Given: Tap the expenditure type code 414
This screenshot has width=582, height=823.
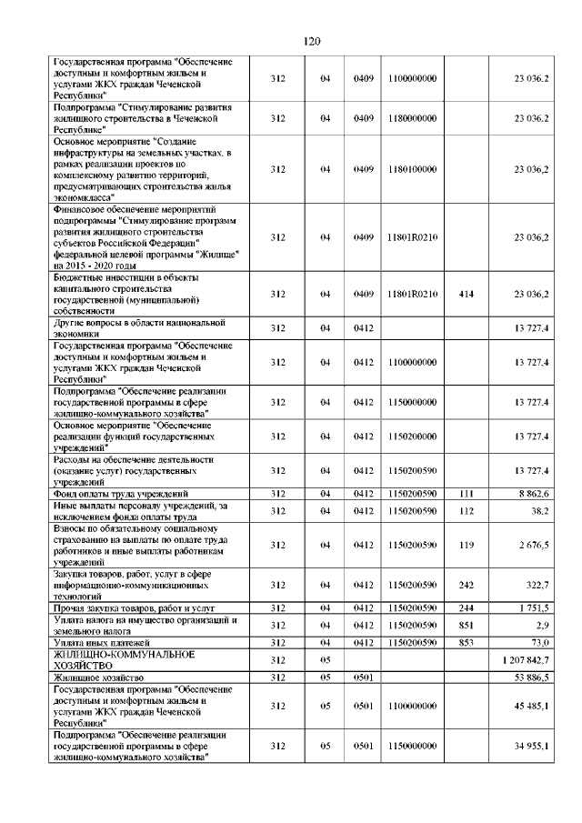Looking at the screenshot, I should coord(467,294).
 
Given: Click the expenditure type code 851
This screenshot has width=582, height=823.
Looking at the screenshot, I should coord(467,626).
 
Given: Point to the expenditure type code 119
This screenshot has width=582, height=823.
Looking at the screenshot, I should coord(467,544).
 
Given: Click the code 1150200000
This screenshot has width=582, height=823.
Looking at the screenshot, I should coord(410,437).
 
